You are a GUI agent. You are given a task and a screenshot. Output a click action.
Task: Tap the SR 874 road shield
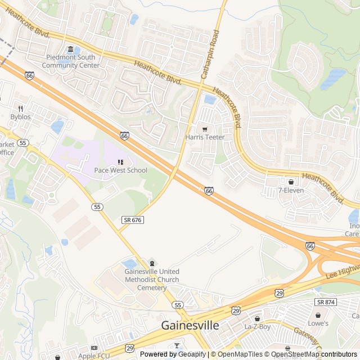click(326, 302)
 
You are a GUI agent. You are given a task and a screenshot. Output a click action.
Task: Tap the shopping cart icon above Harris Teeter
click(205, 129)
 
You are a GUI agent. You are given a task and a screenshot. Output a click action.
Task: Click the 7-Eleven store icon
click(291, 182)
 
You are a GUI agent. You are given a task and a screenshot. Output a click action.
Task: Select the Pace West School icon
click(120, 163)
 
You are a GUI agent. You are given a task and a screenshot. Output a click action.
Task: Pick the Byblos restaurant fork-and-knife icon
click(20, 109)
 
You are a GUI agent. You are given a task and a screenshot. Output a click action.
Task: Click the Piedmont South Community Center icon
click(70, 49)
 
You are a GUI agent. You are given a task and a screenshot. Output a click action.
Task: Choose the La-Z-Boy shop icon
click(257, 318)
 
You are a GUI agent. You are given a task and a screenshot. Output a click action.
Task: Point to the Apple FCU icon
click(94, 348)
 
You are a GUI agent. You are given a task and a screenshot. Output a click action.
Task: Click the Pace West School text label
click(120, 170)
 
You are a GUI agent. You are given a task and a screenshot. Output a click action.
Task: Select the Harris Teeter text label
click(205, 137)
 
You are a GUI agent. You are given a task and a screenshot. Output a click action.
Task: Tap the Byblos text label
click(20, 116)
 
